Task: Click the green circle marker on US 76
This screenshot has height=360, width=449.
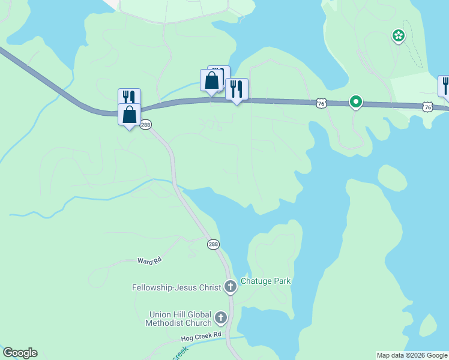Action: click(356, 102)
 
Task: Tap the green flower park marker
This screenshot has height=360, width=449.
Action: click(398, 36)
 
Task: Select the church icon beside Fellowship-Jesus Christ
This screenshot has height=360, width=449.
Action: click(230, 287)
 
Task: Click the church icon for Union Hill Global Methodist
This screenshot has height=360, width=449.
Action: click(221, 317)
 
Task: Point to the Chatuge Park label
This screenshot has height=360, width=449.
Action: click(265, 281)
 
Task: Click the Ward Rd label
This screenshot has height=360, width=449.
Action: click(149, 260)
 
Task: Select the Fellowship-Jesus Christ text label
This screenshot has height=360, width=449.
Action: click(176, 287)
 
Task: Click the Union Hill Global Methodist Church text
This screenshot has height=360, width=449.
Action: click(178, 319)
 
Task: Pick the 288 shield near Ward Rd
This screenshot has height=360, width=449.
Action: click(214, 244)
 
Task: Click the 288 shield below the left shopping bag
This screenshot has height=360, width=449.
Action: click(145, 124)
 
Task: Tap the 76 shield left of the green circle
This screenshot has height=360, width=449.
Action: click(322, 104)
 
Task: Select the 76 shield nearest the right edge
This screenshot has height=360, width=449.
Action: click(427, 107)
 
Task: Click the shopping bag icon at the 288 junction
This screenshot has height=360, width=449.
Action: click(130, 114)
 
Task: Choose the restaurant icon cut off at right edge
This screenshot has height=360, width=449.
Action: click(445, 86)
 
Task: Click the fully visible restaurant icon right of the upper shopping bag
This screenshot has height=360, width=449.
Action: click(237, 89)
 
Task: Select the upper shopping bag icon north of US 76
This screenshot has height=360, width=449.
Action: click(211, 80)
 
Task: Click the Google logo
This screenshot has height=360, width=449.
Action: click(20, 353)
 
